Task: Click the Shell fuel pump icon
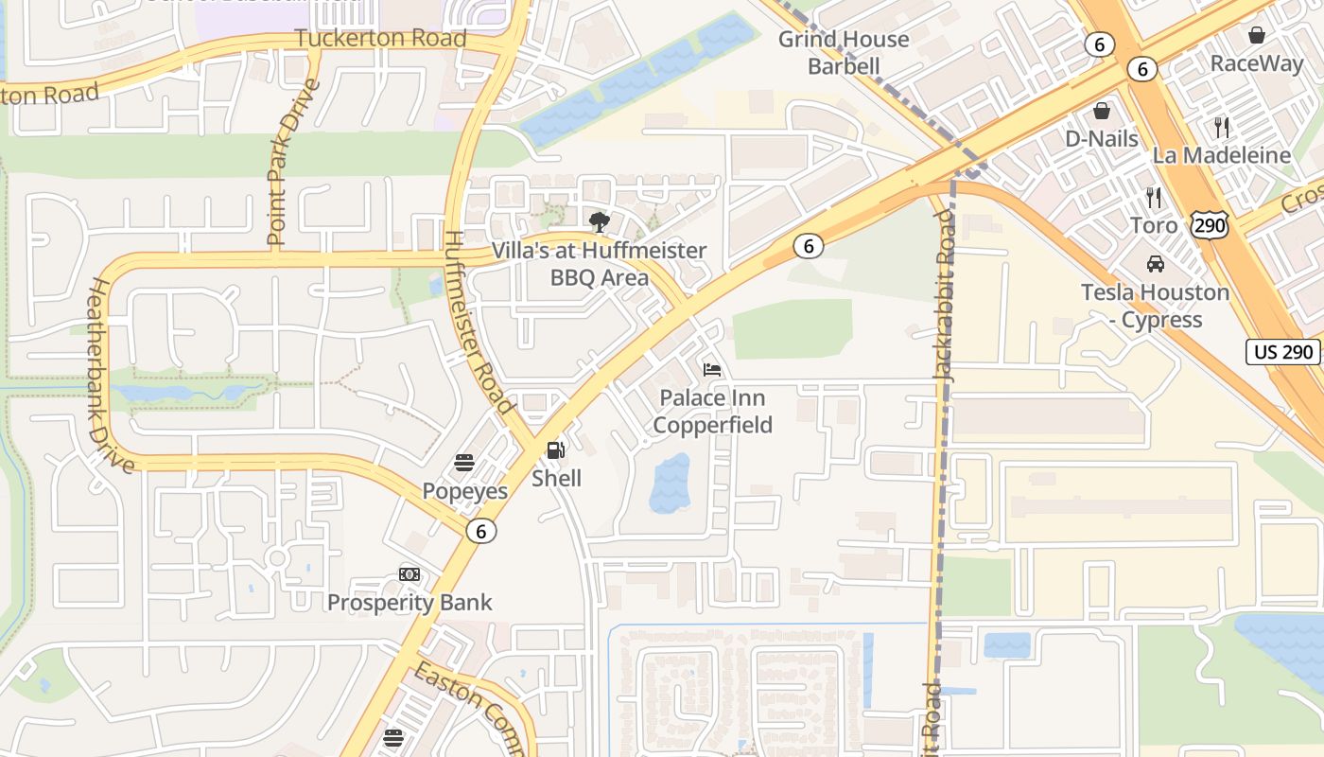(556, 450)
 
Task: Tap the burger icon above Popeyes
(464, 463)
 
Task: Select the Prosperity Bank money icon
(409, 574)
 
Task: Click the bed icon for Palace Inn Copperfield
(712, 369)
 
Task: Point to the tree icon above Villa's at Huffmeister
(599, 223)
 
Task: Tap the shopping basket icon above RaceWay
(1257, 36)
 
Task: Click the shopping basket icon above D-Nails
(1102, 111)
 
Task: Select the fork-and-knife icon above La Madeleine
(1221, 127)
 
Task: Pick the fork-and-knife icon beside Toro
(1153, 197)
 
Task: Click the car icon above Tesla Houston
(1155, 264)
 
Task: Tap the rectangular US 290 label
(1282, 352)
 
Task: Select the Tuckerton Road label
(381, 39)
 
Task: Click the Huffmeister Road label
(478, 323)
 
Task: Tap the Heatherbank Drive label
(113, 376)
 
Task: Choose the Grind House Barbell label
(844, 52)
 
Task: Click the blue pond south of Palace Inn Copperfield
(671, 483)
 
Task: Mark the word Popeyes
(464, 491)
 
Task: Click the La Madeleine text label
(1222, 155)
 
